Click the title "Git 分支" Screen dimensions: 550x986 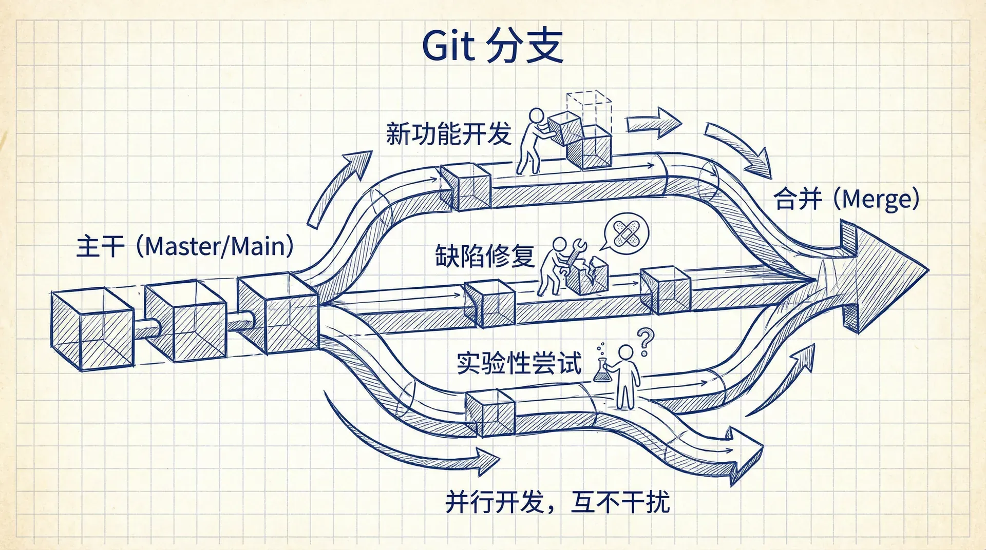click(x=492, y=46)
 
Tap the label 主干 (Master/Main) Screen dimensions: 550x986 click(x=185, y=247)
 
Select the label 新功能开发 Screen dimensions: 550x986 click(x=448, y=134)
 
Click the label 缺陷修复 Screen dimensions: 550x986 click(x=485, y=256)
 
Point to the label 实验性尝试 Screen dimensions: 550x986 click(x=519, y=363)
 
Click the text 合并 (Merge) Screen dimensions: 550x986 click(x=846, y=199)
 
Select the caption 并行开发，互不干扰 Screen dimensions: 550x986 click(x=557, y=502)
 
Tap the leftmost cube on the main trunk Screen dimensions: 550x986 click(x=92, y=329)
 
